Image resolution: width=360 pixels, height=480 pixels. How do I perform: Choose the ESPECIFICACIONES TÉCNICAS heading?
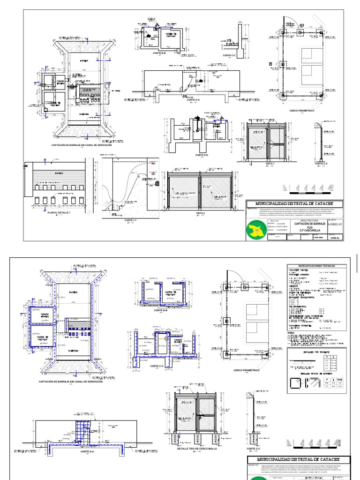(x=318, y=266)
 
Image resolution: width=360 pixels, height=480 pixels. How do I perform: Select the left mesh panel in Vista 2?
(x=184, y=190)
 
